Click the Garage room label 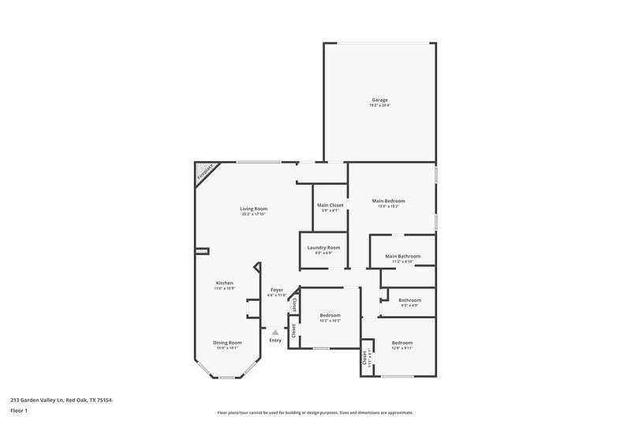(380, 100)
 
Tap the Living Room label (254, 209)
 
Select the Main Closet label (330, 205)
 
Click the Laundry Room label (323, 247)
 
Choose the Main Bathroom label (402, 256)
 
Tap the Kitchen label (225, 283)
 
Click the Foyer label (277, 290)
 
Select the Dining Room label (226, 342)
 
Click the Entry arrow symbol (274, 333)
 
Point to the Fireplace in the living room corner (205, 172)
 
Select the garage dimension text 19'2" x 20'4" (380, 105)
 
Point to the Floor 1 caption (18, 409)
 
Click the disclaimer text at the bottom (315, 412)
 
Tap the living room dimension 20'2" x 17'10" (254, 214)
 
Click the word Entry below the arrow (274, 340)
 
